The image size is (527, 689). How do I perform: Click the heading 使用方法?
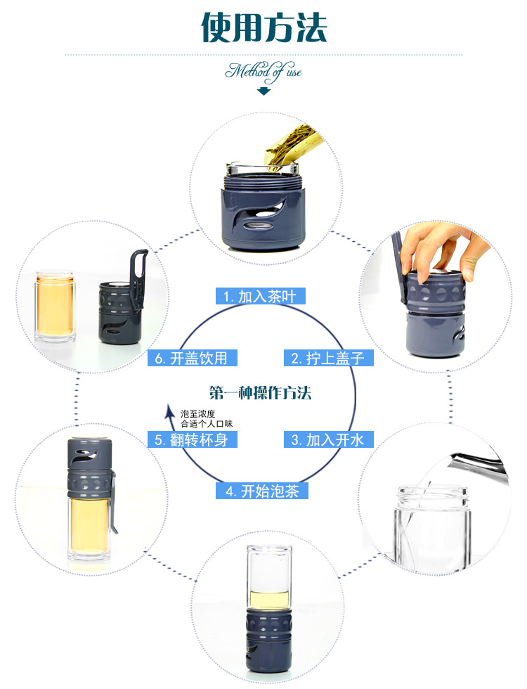[264, 27]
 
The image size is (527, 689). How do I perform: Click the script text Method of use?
[263, 72]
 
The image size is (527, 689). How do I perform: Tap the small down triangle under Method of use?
[263, 91]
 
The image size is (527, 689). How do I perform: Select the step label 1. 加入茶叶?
[261, 296]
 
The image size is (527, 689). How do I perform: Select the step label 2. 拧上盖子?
[329, 358]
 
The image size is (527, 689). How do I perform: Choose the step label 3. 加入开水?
[329, 439]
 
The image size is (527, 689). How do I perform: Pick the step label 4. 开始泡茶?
[262, 491]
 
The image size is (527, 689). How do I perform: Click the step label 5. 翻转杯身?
[193, 439]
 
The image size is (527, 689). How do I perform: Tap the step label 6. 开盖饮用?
[193, 358]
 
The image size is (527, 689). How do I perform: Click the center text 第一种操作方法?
[261, 392]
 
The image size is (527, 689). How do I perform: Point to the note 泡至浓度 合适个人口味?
[207, 419]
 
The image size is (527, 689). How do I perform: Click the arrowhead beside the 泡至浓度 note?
[169, 411]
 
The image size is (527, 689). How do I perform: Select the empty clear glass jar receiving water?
[432, 527]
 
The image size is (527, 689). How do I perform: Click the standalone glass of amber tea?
[55, 307]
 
